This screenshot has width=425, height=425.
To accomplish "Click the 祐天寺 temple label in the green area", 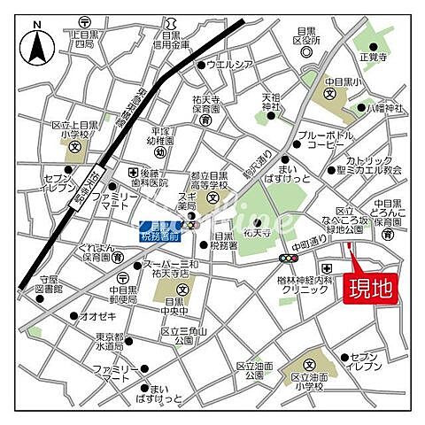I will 256,233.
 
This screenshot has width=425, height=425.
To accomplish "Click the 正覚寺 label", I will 375,55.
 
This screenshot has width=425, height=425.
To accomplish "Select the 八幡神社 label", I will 384,108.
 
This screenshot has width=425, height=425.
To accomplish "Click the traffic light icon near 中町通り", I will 287,258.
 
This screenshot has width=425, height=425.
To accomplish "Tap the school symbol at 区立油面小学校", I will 311,363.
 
